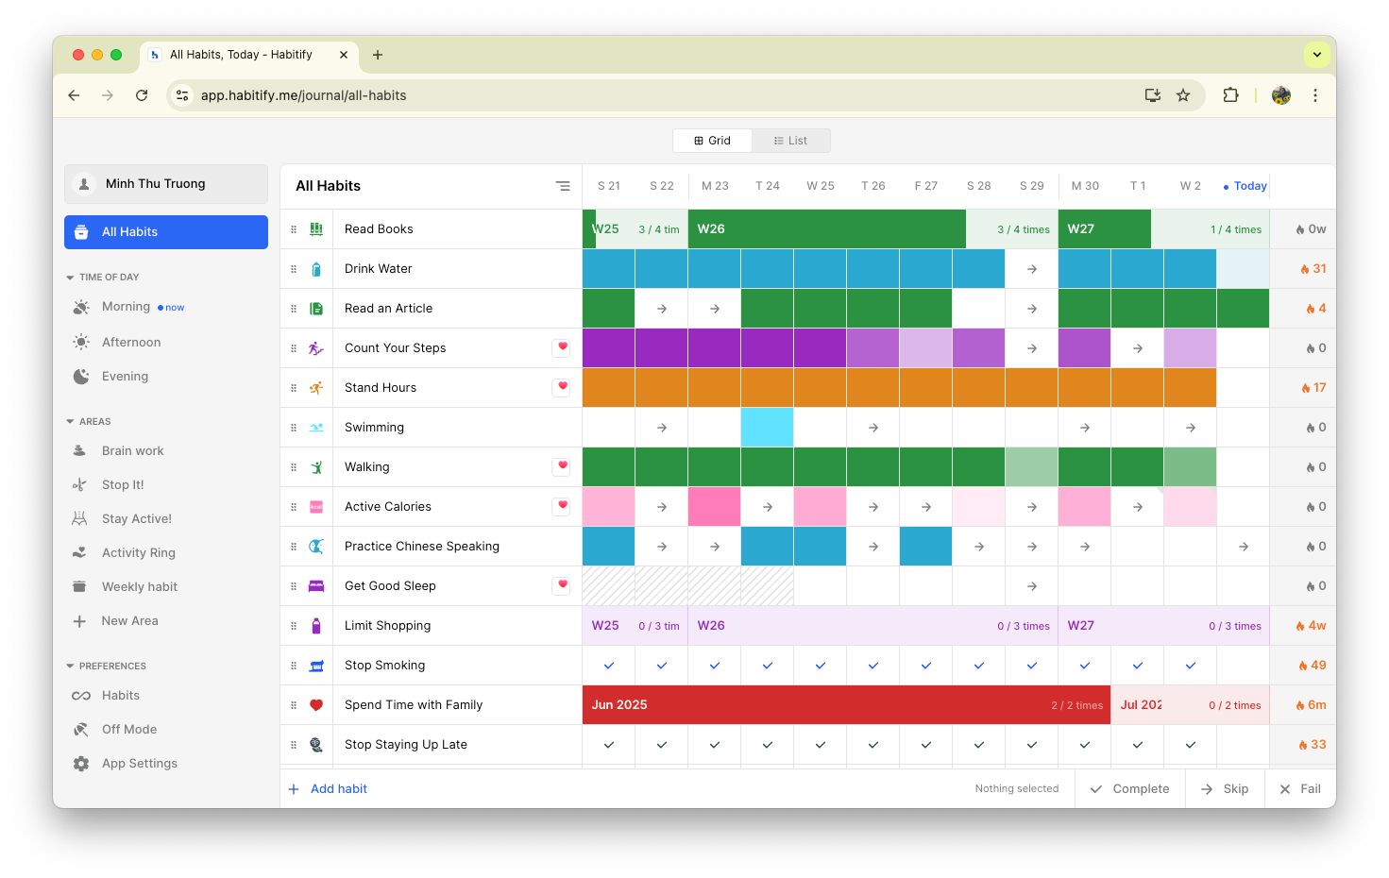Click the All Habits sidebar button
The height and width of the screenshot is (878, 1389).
click(165, 232)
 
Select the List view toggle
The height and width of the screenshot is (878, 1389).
click(790, 141)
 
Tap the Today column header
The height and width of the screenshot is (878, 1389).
click(1245, 186)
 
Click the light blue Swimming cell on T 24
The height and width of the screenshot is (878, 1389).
click(767, 428)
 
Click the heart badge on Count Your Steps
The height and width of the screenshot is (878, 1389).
click(562, 347)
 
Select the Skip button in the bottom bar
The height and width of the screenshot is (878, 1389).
click(1225, 788)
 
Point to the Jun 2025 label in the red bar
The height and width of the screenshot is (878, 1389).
click(618, 705)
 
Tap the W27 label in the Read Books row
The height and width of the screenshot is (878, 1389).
click(1080, 228)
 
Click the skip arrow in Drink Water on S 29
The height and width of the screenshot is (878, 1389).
click(1032, 269)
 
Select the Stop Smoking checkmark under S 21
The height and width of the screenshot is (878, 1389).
click(609, 666)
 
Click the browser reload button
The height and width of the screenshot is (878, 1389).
click(142, 95)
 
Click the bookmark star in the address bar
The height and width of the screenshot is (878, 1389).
click(1183, 95)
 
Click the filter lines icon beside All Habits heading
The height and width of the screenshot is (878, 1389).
click(563, 186)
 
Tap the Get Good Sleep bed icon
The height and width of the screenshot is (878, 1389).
click(316, 586)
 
